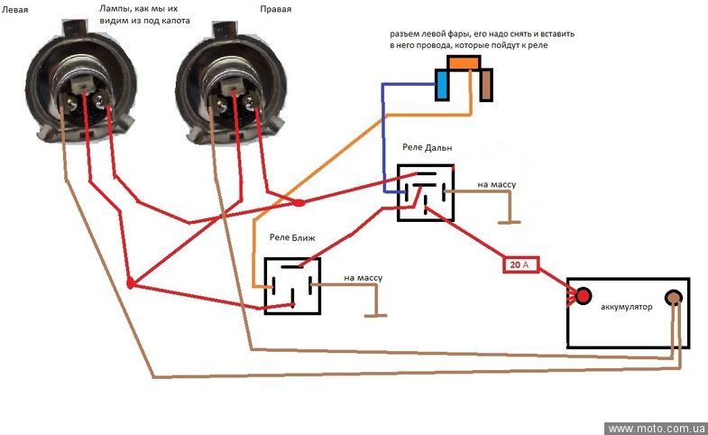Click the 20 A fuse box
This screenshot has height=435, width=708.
coord(521,264)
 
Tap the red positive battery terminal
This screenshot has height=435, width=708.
coord(583,296)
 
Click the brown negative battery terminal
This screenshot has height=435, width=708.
coord(673,298)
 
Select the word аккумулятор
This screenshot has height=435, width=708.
coord(626,307)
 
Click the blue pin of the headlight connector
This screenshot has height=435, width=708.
coord(443,85)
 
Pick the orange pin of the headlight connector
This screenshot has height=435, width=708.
coord(464,62)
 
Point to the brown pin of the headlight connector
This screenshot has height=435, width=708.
coord(486,85)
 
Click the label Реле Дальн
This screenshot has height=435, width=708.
coord(428,147)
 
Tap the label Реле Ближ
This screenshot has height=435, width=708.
coord(292,237)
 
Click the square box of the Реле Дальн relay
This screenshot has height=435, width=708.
coord(426,192)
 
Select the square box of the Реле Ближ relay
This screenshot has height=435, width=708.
coord(292,286)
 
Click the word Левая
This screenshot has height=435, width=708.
coord(15,10)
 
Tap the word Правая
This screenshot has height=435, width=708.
coord(275,9)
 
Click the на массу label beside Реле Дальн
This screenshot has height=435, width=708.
coord(497,184)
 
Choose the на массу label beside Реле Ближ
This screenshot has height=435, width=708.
coord(363,278)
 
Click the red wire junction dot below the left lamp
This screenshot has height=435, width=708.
coord(131,283)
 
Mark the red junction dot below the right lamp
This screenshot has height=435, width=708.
coord(298,203)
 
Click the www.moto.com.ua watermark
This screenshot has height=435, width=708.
coord(657,428)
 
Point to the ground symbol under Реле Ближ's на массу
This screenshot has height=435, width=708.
coord(376,315)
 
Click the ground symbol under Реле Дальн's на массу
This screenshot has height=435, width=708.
coord(510,222)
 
